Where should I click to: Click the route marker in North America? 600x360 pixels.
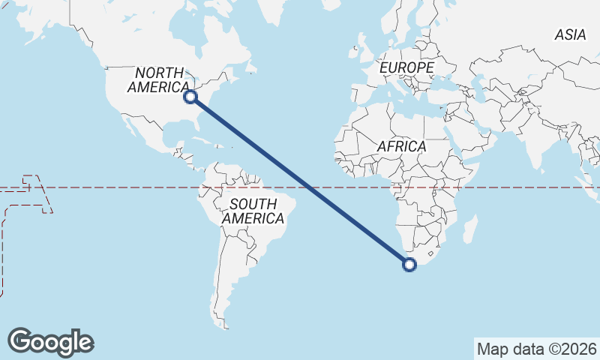(190, 96)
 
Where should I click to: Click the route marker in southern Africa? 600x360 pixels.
(409, 263)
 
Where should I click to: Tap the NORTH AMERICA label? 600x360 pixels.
(159, 80)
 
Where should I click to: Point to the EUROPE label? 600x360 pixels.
(406, 67)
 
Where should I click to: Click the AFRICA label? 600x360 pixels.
(401, 146)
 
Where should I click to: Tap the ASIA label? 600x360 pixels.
(569, 34)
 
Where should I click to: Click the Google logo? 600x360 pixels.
(50, 342)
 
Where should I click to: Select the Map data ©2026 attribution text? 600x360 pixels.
(536, 349)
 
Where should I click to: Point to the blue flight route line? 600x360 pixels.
(300, 180)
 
